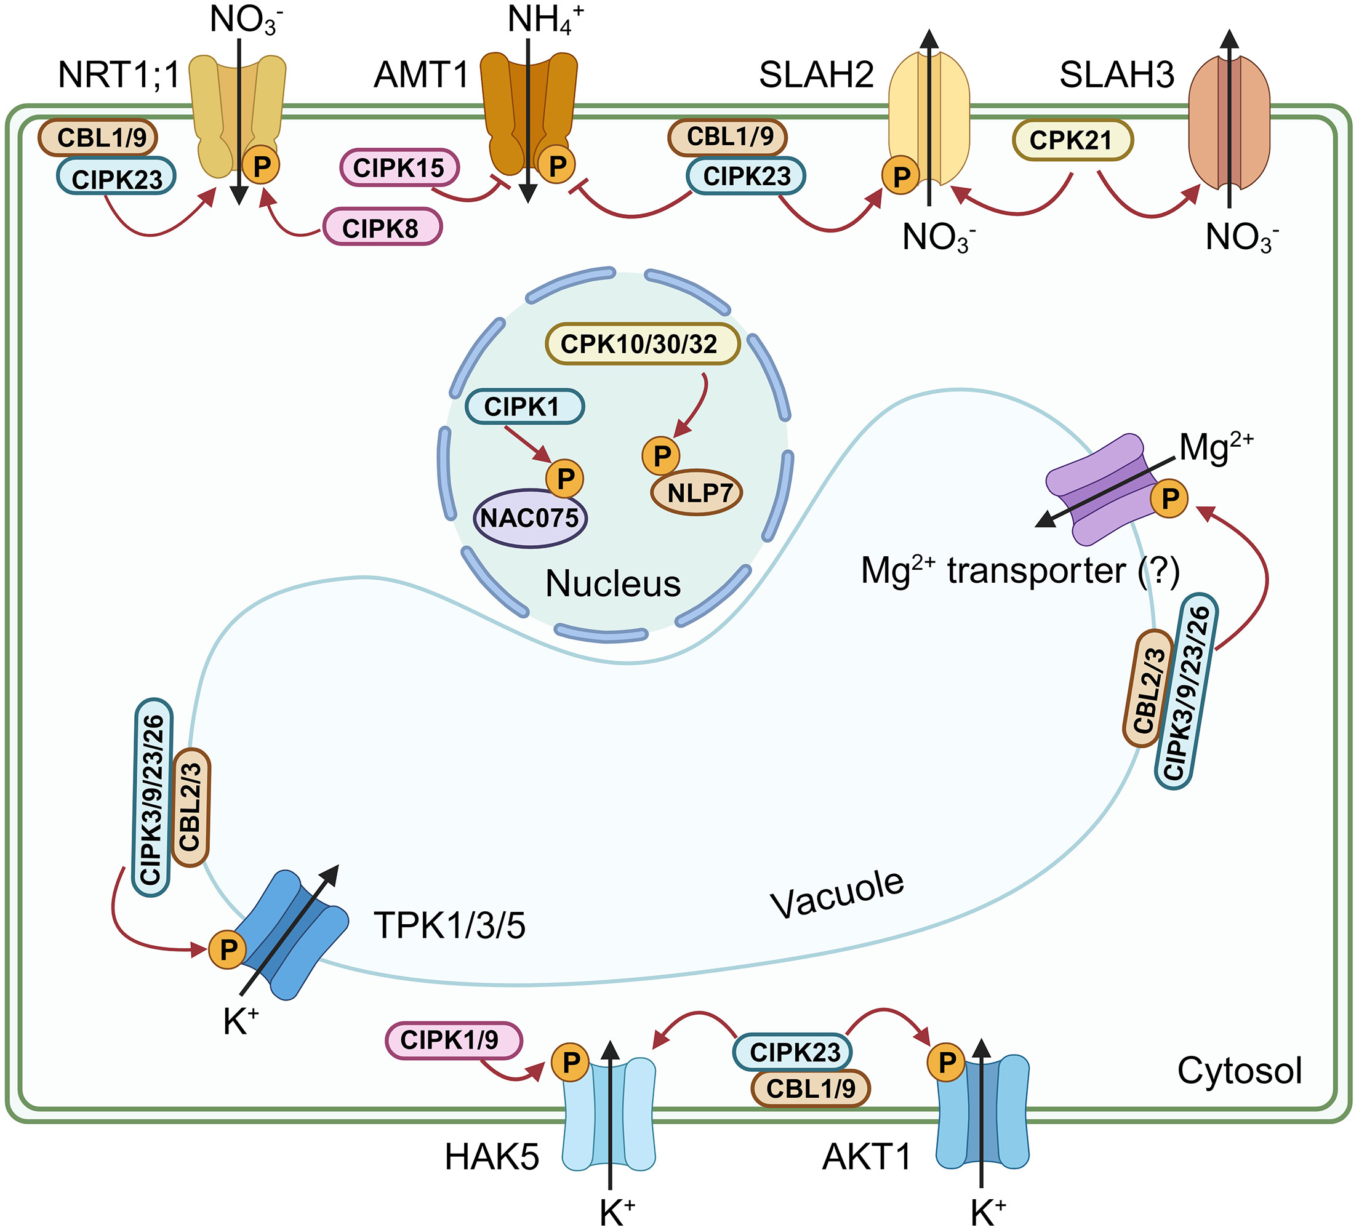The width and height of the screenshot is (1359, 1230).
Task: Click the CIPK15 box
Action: pyautogui.click(x=399, y=168)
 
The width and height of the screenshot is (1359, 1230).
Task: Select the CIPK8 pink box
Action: pyautogui.click(x=382, y=228)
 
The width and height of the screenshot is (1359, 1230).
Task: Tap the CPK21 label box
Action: pyautogui.click(x=1072, y=140)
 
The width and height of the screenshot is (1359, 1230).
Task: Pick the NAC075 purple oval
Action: pyautogui.click(x=530, y=518)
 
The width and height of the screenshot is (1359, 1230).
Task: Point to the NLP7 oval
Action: pyautogui.click(x=697, y=493)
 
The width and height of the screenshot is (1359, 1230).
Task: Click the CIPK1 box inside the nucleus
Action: pyautogui.click(x=524, y=406)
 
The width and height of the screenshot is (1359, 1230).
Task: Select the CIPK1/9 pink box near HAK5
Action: pyautogui.click(x=453, y=1040)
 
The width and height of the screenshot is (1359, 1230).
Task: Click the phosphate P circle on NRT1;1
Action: pyautogui.click(x=261, y=164)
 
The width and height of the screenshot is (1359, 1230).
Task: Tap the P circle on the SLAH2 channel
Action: pyautogui.click(x=900, y=177)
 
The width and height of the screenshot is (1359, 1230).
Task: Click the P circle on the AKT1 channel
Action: pyautogui.click(x=947, y=1063)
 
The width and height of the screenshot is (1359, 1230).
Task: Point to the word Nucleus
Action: pyautogui.click(x=612, y=584)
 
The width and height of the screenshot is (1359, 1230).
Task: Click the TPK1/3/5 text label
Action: pyautogui.click(x=449, y=925)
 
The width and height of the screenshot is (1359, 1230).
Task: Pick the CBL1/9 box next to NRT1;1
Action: pyautogui.click(x=98, y=137)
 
